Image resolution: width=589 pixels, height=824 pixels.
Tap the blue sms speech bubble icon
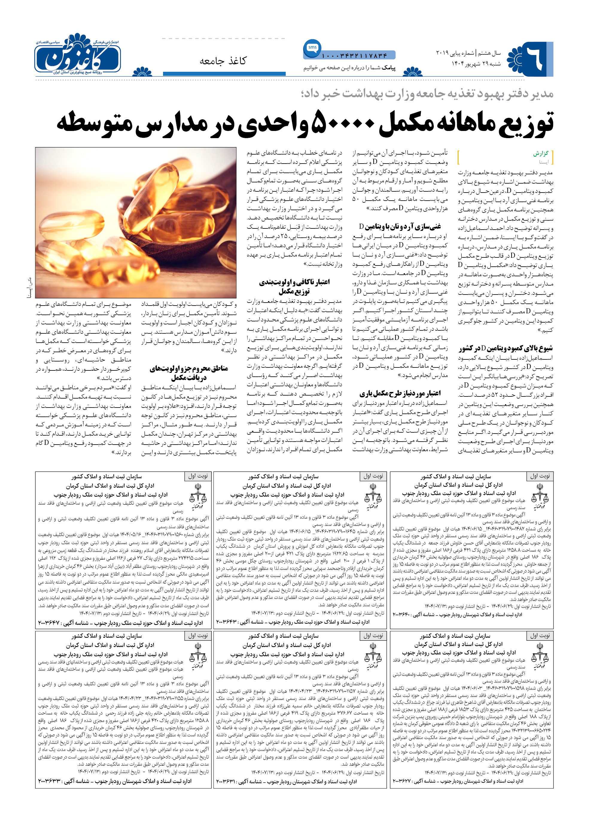point(312,48)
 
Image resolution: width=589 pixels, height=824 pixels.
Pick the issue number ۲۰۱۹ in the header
point(442,53)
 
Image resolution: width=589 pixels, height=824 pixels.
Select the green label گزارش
point(541,154)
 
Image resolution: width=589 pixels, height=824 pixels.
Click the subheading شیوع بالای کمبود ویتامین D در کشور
point(506,348)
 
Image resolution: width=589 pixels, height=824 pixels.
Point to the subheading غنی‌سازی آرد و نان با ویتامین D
point(400,227)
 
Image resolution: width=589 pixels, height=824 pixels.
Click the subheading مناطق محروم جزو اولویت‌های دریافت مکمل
point(188,373)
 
